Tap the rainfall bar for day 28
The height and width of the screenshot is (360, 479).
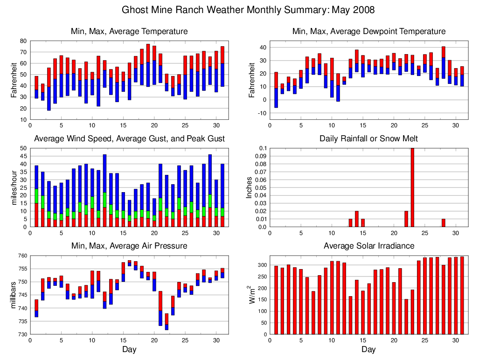tap(443, 223)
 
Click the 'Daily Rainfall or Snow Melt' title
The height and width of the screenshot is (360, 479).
tap(368, 138)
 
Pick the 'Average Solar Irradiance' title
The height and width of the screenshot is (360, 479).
tap(368, 246)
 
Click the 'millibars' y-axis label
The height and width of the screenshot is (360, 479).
tap(14, 295)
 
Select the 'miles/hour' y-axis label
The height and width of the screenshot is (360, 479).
tap(14, 187)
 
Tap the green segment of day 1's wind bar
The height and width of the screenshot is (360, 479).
tap(36, 196)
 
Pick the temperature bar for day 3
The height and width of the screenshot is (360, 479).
tap(49, 89)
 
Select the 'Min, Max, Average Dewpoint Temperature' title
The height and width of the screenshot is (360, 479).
tap(368, 31)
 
